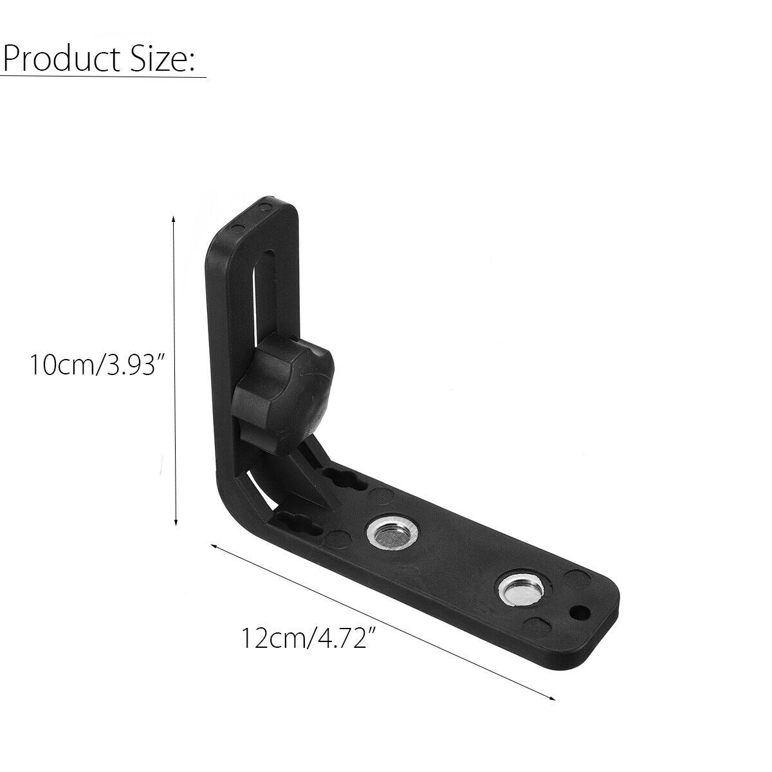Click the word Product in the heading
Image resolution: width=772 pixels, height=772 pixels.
62,60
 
